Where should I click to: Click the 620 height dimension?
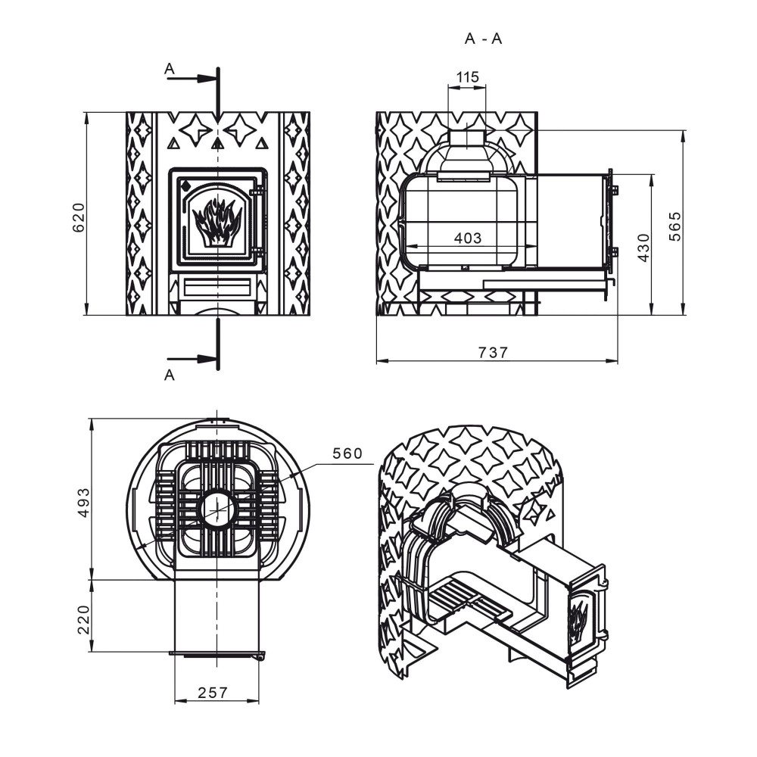coord(79,217)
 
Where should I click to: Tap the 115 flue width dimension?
coord(467,76)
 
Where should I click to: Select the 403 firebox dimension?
coord(468,238)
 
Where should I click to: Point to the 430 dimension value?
coord(643,248)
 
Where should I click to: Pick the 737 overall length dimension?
coord(493,353)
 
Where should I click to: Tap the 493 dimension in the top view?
coord(84,503)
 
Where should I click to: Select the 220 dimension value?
coord(84,619)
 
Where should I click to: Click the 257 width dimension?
coord(213,693)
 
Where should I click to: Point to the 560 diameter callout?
coord(347,453)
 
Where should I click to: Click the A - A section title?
coord(483,39)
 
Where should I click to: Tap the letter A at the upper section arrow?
coord(169,69)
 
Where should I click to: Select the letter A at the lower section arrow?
coord(169,375)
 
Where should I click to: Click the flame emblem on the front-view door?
coord(217,223)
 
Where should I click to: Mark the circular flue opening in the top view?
coord(218,509)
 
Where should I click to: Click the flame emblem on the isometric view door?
coord(578,620)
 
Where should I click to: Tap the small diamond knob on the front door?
coord(185,185)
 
